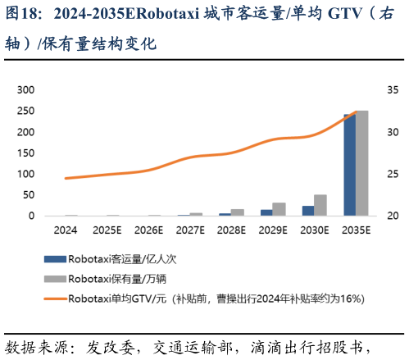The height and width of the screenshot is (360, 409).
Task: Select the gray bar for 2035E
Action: (x=361, y=163)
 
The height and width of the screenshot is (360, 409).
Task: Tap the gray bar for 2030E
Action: (x=320, y=205)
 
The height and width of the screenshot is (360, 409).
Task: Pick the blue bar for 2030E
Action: (x=308, y=211)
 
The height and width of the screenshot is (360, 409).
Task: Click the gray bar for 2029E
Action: (x=279, y=209)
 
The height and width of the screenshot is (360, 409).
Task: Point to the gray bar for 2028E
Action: (x=238, y=212)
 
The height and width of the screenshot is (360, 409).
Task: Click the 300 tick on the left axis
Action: (x=25, y=89)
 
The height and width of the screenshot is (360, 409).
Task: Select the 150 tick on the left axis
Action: (x=25, y=153)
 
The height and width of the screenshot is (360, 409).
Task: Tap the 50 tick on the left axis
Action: (x=28, y=195)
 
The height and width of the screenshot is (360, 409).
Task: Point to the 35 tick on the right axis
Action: (x=392, y=89)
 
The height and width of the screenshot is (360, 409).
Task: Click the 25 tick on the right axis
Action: (x=392, y=174)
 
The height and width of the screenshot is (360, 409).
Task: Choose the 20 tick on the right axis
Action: (x=392, y=216)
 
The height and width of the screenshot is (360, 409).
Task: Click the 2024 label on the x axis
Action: (x=65, y=231)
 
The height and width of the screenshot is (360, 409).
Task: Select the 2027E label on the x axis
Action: (x=190, y=231)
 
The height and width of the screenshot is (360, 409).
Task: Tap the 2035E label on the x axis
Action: (x=356, y=231)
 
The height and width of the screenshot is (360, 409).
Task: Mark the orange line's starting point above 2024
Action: (x=65, y=178)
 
